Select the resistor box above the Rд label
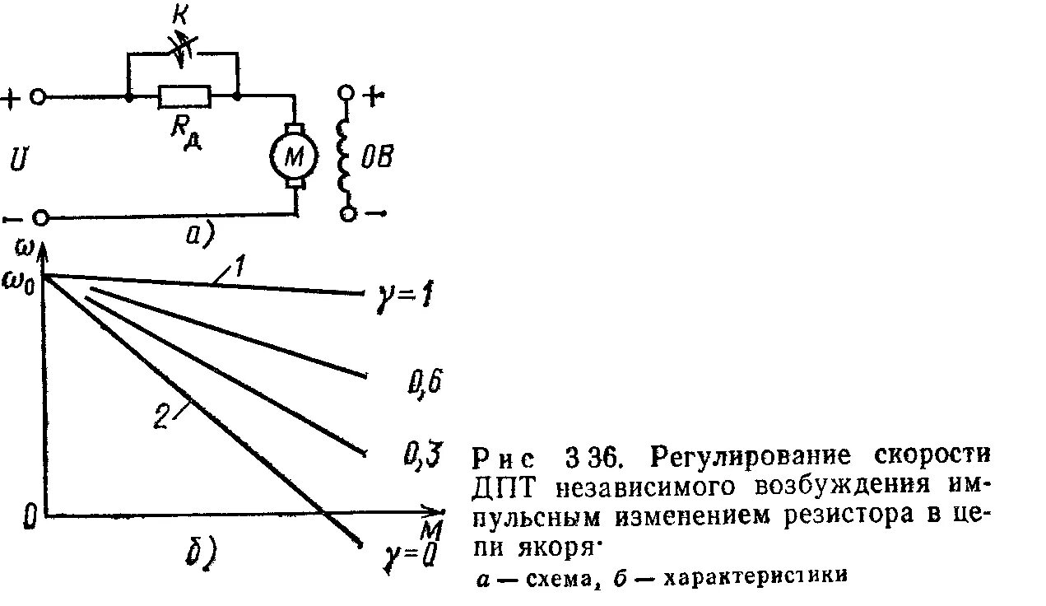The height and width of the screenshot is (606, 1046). tap(184, 97)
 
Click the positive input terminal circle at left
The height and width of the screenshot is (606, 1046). tap(37, 97)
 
